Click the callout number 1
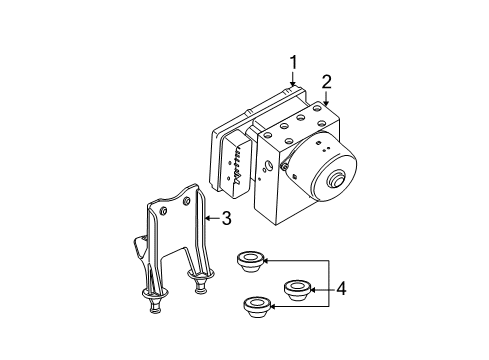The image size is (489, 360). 293,65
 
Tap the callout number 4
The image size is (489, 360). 341,290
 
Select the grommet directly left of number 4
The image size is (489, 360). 296,290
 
